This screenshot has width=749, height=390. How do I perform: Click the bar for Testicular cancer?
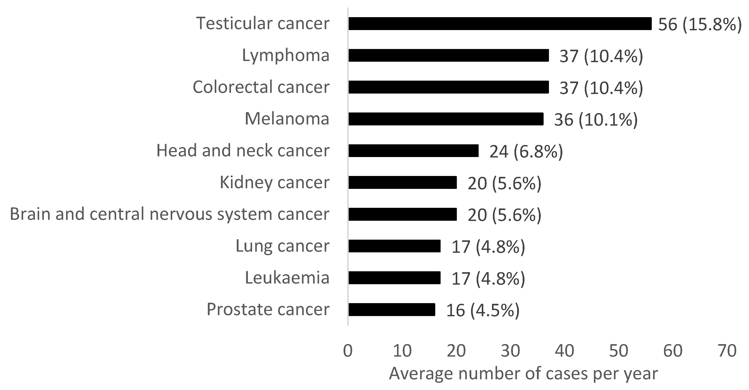tap(500, 24)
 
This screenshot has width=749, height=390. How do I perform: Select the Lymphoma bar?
tap(448, 55)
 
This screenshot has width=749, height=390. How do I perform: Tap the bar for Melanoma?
tap(446, 119)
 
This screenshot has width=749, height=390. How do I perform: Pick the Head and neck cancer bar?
tap(413, 151)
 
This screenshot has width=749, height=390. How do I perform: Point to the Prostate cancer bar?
tap(392, 309)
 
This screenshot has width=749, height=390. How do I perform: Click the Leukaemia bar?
tap(394, 278)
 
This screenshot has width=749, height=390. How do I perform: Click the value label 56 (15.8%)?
tap(700, 25)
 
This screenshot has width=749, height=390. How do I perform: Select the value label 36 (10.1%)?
tap(595, 120)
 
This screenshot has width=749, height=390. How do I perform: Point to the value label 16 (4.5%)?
tap(483, 310)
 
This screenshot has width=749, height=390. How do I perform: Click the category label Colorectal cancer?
tap(261, 87)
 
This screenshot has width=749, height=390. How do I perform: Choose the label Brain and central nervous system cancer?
tap(170, 214)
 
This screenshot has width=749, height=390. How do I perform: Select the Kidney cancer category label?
tap(275, 182)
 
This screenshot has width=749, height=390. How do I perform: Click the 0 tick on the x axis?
tap(348, 351)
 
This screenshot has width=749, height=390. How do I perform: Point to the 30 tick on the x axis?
tap(510, 351)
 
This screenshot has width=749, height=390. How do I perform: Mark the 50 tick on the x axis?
tap(618, 351)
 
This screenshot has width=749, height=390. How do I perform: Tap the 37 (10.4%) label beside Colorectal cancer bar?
tap(601, 88)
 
